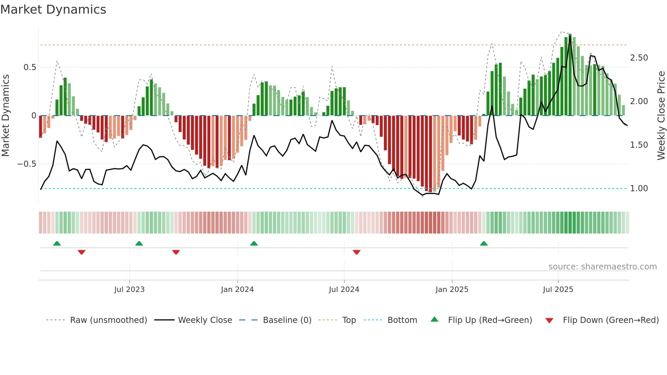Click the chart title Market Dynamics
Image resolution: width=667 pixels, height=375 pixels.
click(x=53, y=10)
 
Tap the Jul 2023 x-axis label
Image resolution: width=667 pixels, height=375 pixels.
click(x=129, y=290)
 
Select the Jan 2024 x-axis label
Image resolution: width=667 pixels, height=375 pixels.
click(x=237, y=290)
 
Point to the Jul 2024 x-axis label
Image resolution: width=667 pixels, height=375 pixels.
click(x=344, y=290)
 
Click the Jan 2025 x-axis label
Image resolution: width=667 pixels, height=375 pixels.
click(x=452, y=290)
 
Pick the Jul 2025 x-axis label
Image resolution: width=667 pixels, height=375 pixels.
click(x=558, y=290)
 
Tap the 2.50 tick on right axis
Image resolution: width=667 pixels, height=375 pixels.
click(x=639, y=58)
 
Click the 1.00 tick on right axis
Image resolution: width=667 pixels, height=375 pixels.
click(x=639, y=189)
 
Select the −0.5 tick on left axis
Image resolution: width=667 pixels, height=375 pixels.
click(x=27, y=164)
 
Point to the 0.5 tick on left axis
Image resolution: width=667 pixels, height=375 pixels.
click(x=30, y=67)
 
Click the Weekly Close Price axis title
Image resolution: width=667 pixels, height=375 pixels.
click(x=661, y=116)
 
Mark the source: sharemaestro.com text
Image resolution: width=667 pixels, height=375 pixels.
click(x=602, y=267)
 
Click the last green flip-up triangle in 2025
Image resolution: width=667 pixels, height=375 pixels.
click(x=484, y=243)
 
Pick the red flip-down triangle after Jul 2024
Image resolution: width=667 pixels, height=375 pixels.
click(x=356, y=252)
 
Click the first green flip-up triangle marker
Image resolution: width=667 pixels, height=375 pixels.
click(x=57, y=243)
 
